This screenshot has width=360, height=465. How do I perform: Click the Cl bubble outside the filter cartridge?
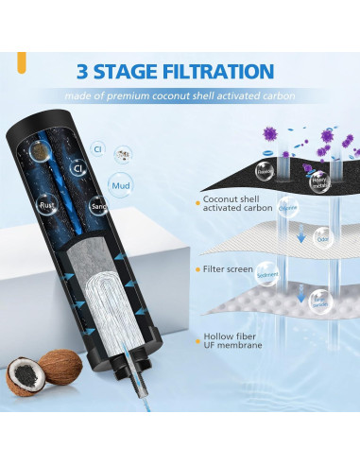tap(96, 148)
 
